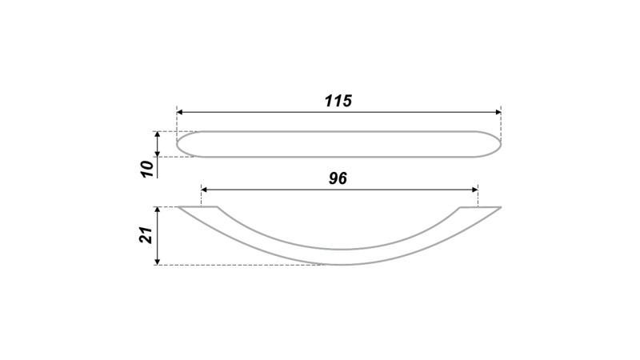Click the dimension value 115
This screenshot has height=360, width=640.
pos(338,102)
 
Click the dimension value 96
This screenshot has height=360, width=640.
pos(338,178)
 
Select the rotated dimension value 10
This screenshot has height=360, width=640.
pos(146,169)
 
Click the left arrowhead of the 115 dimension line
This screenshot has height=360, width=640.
pos(181,112)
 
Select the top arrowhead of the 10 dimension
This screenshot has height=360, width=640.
pos(158,135)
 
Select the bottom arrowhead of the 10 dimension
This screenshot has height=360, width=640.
pos(158,153)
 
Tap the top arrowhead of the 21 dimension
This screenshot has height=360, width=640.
pos(158,211)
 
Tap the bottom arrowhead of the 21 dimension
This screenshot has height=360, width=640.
pos(158,260)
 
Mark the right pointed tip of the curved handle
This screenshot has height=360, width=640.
pos(500,208)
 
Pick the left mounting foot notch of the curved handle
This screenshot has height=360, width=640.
pos(216,208)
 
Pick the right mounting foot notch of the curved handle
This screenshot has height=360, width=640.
pos(461,208)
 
